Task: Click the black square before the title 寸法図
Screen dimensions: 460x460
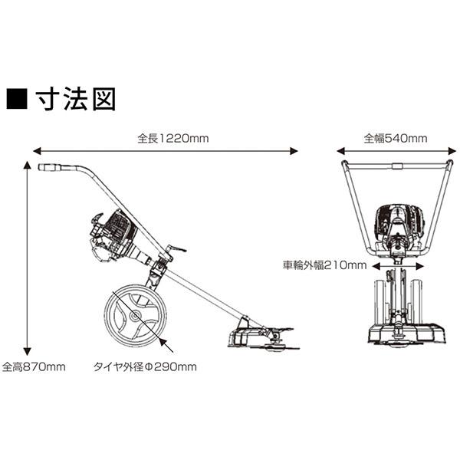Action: tap(17, 100)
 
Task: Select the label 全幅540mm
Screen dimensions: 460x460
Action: tap(396, 139)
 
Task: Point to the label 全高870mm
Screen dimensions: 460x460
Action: tap(34, 366)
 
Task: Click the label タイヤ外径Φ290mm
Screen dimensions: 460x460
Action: tap(145, 366)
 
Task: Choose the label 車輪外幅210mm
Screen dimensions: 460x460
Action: tap(325, 265)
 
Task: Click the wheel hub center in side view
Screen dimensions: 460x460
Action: tap(135, 316)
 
